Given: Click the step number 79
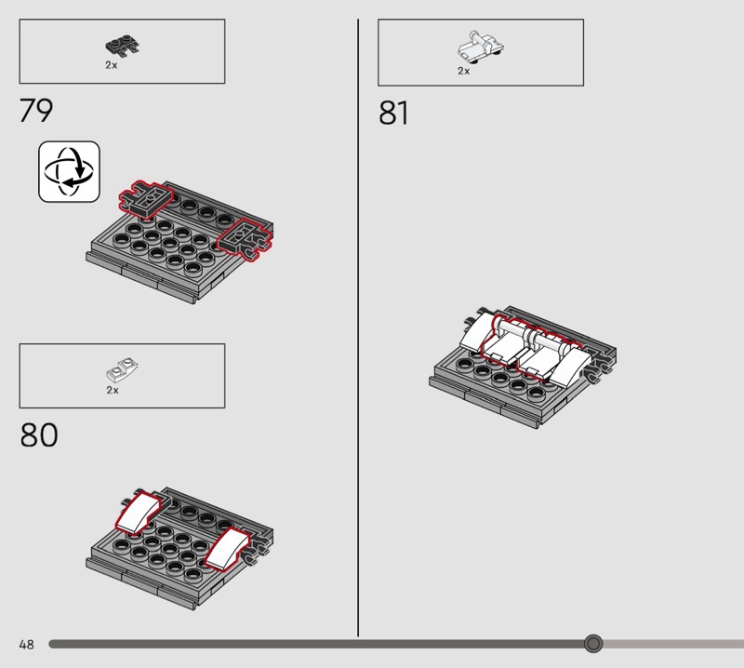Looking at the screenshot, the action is click(x=36, y=110).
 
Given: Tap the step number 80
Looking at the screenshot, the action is click(x=38, y=434).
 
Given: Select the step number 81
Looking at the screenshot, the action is click(x=393, y=113).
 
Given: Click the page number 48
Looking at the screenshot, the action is click(x=27, y=644).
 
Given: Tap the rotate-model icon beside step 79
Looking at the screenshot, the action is click(x=69, y=171).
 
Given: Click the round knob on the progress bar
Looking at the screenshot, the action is click(x=593, y=644).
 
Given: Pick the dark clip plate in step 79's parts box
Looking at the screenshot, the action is click(x=123, y=46).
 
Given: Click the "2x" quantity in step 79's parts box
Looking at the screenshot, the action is click(x=112, y=65).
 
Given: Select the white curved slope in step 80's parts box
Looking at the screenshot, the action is click(x=122, y=370).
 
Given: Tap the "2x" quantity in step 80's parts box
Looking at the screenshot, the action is click(x=113, y=390).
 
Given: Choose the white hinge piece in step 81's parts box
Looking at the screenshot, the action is click(x=480, y=47).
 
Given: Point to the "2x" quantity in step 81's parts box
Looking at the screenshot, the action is click(x=463, y=71).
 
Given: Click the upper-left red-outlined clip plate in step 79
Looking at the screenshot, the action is click(x=146, y=199).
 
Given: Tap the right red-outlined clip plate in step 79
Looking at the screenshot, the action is click(x=245, y=240).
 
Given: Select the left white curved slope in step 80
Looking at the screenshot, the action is click(x=137, y=513).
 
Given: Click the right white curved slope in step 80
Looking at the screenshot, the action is click(x=227, y=547).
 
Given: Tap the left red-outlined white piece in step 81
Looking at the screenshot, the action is click(x=504, y=341).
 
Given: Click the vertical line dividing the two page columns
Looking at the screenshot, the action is click(x=358, y=327).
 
